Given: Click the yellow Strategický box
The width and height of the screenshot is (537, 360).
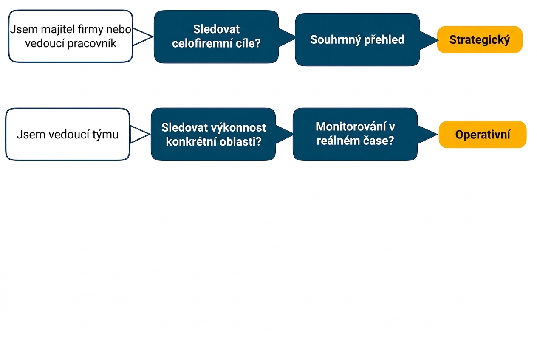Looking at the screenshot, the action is pyautogui.click(x=480, y=39).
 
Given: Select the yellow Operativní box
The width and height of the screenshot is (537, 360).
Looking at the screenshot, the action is pyautogui.click(x=483, y=135).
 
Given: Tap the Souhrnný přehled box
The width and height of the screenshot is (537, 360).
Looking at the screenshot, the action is pyautogui.click(x=357, y=39).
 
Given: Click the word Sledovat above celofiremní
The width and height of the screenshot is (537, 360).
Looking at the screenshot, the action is pyautogui.click(x=216, y=29).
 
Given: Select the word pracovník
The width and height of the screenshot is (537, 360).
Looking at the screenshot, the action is pyautogui.click(x=92, y=43).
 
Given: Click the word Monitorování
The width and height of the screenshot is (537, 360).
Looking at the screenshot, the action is pyautogui.click(x=351, y=127).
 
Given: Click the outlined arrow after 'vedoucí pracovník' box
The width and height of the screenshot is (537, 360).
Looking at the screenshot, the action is pyautogui.click(x=143, y=37).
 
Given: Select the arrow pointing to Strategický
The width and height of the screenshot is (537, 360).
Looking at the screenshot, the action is pyautogui.click(x=429, y=40).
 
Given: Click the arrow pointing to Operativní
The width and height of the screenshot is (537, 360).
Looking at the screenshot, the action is pyautogui.click(x=427, y=135).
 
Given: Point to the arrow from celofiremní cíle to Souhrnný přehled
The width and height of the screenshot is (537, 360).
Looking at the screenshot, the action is pyautogui.click(x=287, y=37).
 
